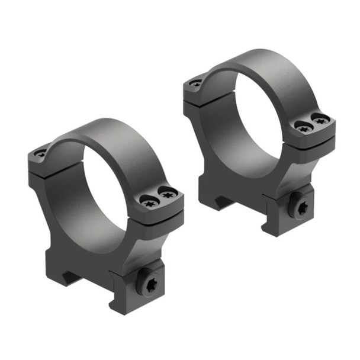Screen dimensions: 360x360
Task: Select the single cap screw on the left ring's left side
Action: click(x=40, y=153)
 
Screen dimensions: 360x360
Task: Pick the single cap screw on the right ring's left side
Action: click(x=196, y=83)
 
